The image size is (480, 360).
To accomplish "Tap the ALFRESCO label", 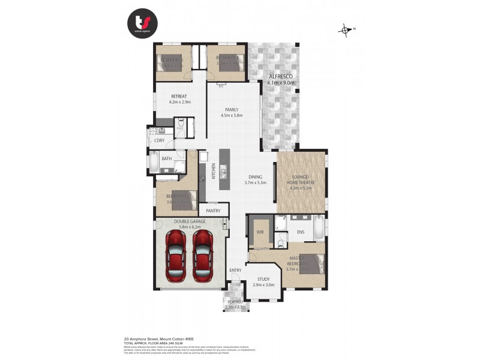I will point(281,77).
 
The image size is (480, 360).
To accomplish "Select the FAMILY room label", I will point(232,109).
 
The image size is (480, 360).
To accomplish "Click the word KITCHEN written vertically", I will point(213,174).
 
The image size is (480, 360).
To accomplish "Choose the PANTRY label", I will point(214,211).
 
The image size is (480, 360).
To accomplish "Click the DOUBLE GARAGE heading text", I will point(190,221).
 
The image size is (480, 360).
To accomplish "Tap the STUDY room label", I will point(263,279).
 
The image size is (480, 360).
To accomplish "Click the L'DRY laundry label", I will point(159,140).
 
